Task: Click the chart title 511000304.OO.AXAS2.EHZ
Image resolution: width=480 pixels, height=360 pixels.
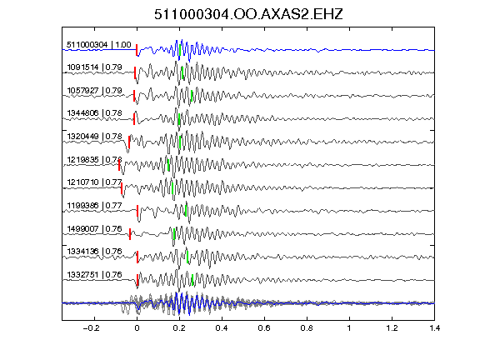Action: coord(248,14)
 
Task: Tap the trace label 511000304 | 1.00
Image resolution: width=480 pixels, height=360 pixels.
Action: coord(99,45)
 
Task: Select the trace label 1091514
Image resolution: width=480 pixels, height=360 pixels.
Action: coord(82,67)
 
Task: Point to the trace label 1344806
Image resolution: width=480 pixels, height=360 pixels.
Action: coord(82,113)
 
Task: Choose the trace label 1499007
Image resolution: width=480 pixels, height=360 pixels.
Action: coord(82,228)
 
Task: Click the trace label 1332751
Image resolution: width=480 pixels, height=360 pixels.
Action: coord(82,275)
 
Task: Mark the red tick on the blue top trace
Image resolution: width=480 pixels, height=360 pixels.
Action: coord(137,50)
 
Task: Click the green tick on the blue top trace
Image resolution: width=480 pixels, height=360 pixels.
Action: coord(180,51)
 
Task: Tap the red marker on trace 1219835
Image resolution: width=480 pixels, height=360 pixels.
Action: coord(119,165)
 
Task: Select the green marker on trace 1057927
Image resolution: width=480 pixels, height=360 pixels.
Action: coord(192,96)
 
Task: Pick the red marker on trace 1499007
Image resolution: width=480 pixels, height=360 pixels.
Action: coord(130,234)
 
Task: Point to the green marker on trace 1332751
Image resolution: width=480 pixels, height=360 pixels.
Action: coord(192,280)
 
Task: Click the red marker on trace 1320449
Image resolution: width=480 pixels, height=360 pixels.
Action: coord(129,142)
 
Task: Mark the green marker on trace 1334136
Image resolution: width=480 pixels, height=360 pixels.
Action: coord(187,257)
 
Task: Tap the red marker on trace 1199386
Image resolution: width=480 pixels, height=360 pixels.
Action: coord(137,211)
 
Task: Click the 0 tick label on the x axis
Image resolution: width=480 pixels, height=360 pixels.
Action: coord(137,328)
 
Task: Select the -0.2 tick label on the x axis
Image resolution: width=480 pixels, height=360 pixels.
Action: coord(91,328)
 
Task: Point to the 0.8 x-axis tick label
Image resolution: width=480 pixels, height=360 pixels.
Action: coord(307,328)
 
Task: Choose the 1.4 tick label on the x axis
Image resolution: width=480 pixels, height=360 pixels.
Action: coord(435,328)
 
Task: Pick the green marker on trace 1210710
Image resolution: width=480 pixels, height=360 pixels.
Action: coord(172,188)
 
